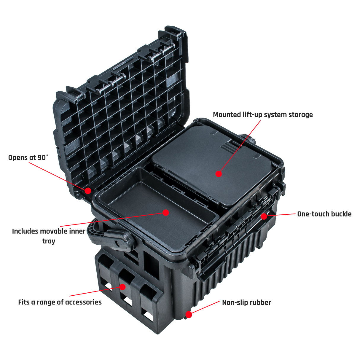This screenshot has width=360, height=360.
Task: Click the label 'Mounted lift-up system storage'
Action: click(x=263, y=115)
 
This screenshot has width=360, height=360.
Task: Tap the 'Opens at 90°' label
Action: click(x=28, y=157)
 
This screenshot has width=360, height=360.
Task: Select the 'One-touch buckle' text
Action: click(x=324, y=214)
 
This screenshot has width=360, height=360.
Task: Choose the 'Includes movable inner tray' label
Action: click(x=49, y=236)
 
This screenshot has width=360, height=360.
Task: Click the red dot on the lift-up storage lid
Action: click(x=219, y=174)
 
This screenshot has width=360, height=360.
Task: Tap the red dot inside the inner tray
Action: click(x=166, y=213)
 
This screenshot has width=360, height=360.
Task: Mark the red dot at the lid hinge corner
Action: click(x=88, y=191)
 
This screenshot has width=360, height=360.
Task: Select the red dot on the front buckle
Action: click(x=264, y=216)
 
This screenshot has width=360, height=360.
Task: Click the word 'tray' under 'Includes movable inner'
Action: click(x=49, y=241)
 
